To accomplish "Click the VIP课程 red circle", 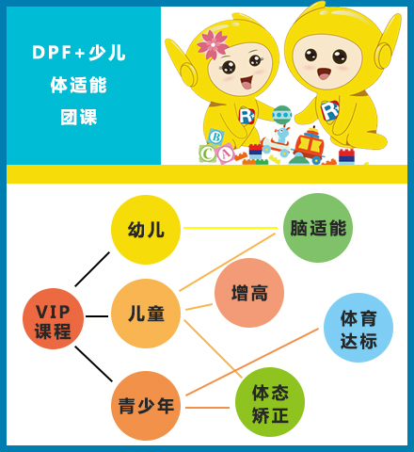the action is pos(53,318).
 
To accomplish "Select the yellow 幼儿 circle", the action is pos(146,230).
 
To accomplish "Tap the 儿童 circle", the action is pos(146,314).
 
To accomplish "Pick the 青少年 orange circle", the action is pos(146,406).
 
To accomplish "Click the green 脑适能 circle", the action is pos(318,228).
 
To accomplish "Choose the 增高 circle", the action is pos(249,293).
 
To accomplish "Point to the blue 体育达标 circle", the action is pos(358,328).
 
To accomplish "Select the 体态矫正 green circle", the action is pos(270,402).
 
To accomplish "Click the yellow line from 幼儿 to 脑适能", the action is pos(231,228).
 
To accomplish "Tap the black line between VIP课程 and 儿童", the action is pos(97,316).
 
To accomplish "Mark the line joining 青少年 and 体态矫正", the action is pos(207,408).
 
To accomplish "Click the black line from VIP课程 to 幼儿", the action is pos(92,269).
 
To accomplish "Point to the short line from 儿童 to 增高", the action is pos(199,307).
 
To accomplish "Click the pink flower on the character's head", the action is pos(213,45).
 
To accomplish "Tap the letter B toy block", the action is pos(215,137).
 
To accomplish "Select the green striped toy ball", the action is pos(282,115).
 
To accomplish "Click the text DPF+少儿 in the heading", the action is pos(79,53).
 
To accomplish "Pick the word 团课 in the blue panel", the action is pos(79,117).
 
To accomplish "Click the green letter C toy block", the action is pos(207,153).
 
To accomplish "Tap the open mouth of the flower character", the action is pos(247,82).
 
